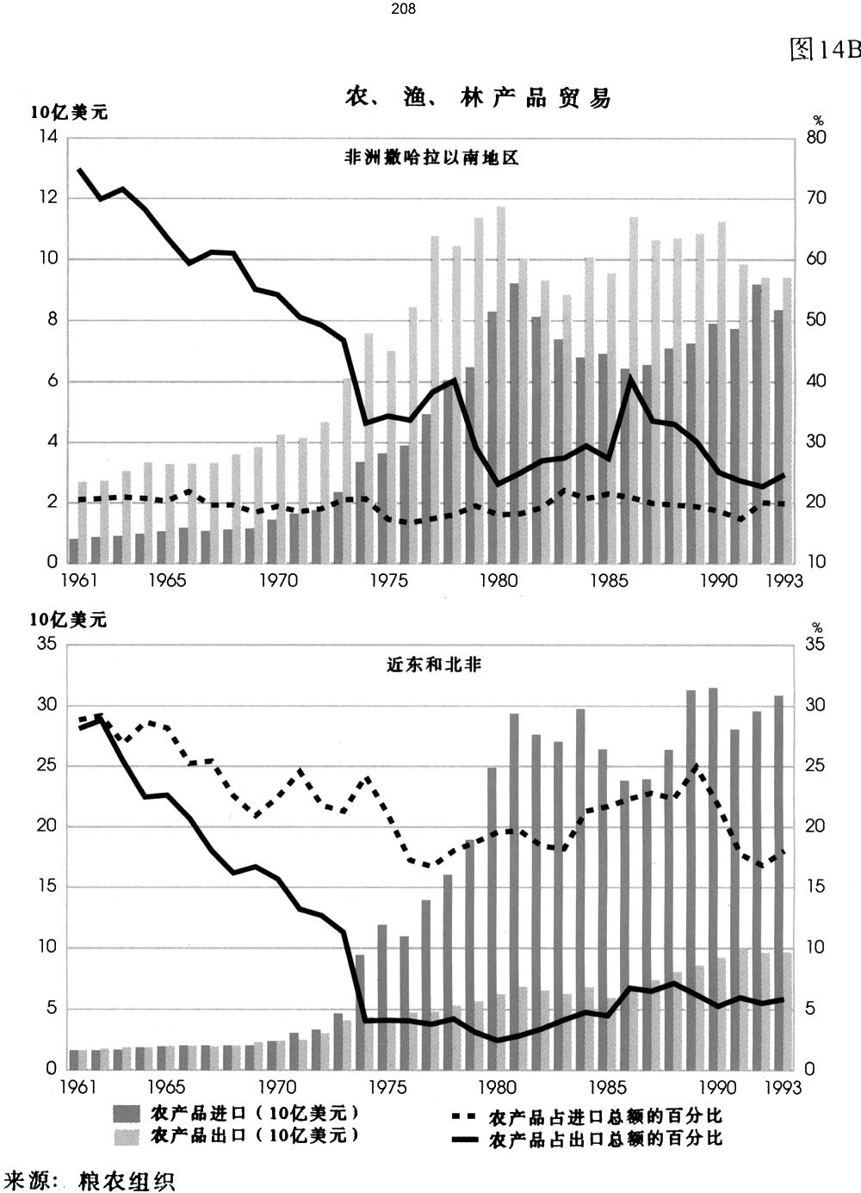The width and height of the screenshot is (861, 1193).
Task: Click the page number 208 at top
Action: [403, 9]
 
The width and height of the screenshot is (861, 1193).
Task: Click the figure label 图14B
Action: [824, 50]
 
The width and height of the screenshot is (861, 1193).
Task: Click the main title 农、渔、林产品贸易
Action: [478, 97]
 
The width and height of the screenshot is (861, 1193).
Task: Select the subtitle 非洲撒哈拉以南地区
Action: [431, 158]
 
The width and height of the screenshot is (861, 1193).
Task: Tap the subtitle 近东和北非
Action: [433, 664]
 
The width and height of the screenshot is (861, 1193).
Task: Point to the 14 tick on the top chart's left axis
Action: [48, 138]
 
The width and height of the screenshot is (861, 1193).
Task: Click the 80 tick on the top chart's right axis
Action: [815, 138]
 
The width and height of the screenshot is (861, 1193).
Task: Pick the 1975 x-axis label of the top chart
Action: [389, 580]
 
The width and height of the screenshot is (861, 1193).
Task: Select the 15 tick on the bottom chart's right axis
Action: [815, 887]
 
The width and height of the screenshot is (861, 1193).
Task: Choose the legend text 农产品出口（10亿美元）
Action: [254, 1135]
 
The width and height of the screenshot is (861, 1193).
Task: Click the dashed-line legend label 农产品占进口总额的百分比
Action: [605, 1117]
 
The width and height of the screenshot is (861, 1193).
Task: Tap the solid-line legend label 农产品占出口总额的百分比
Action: [605, 1140]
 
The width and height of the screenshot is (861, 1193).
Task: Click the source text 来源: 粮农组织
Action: [90, 1179]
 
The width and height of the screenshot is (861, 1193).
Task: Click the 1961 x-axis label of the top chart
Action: [79, 580]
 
